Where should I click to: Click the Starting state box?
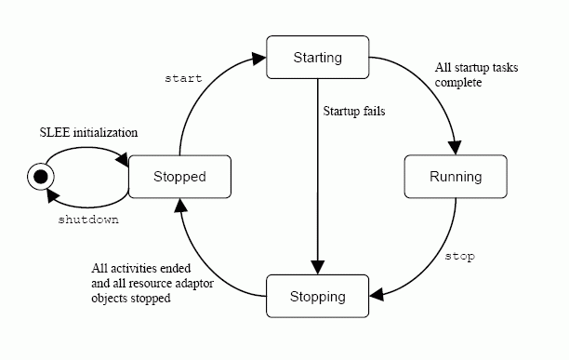click(x=318, y=57)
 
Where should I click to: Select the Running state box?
click(x=456, y=177)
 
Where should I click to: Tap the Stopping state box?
click(x=318, y=297)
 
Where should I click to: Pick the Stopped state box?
click(x=179, y=177)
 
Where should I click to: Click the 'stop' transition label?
click(x=460, y=255)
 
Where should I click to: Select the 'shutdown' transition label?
click(x=88, y=222)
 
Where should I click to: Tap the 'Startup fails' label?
click(x=354, y=112)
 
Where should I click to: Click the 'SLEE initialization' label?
click(x=89, y=132)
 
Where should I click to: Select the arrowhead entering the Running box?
click(x=455, y=150)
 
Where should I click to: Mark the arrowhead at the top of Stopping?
click(x=318, y=270)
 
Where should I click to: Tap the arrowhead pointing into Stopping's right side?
click(x=377, y=297)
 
